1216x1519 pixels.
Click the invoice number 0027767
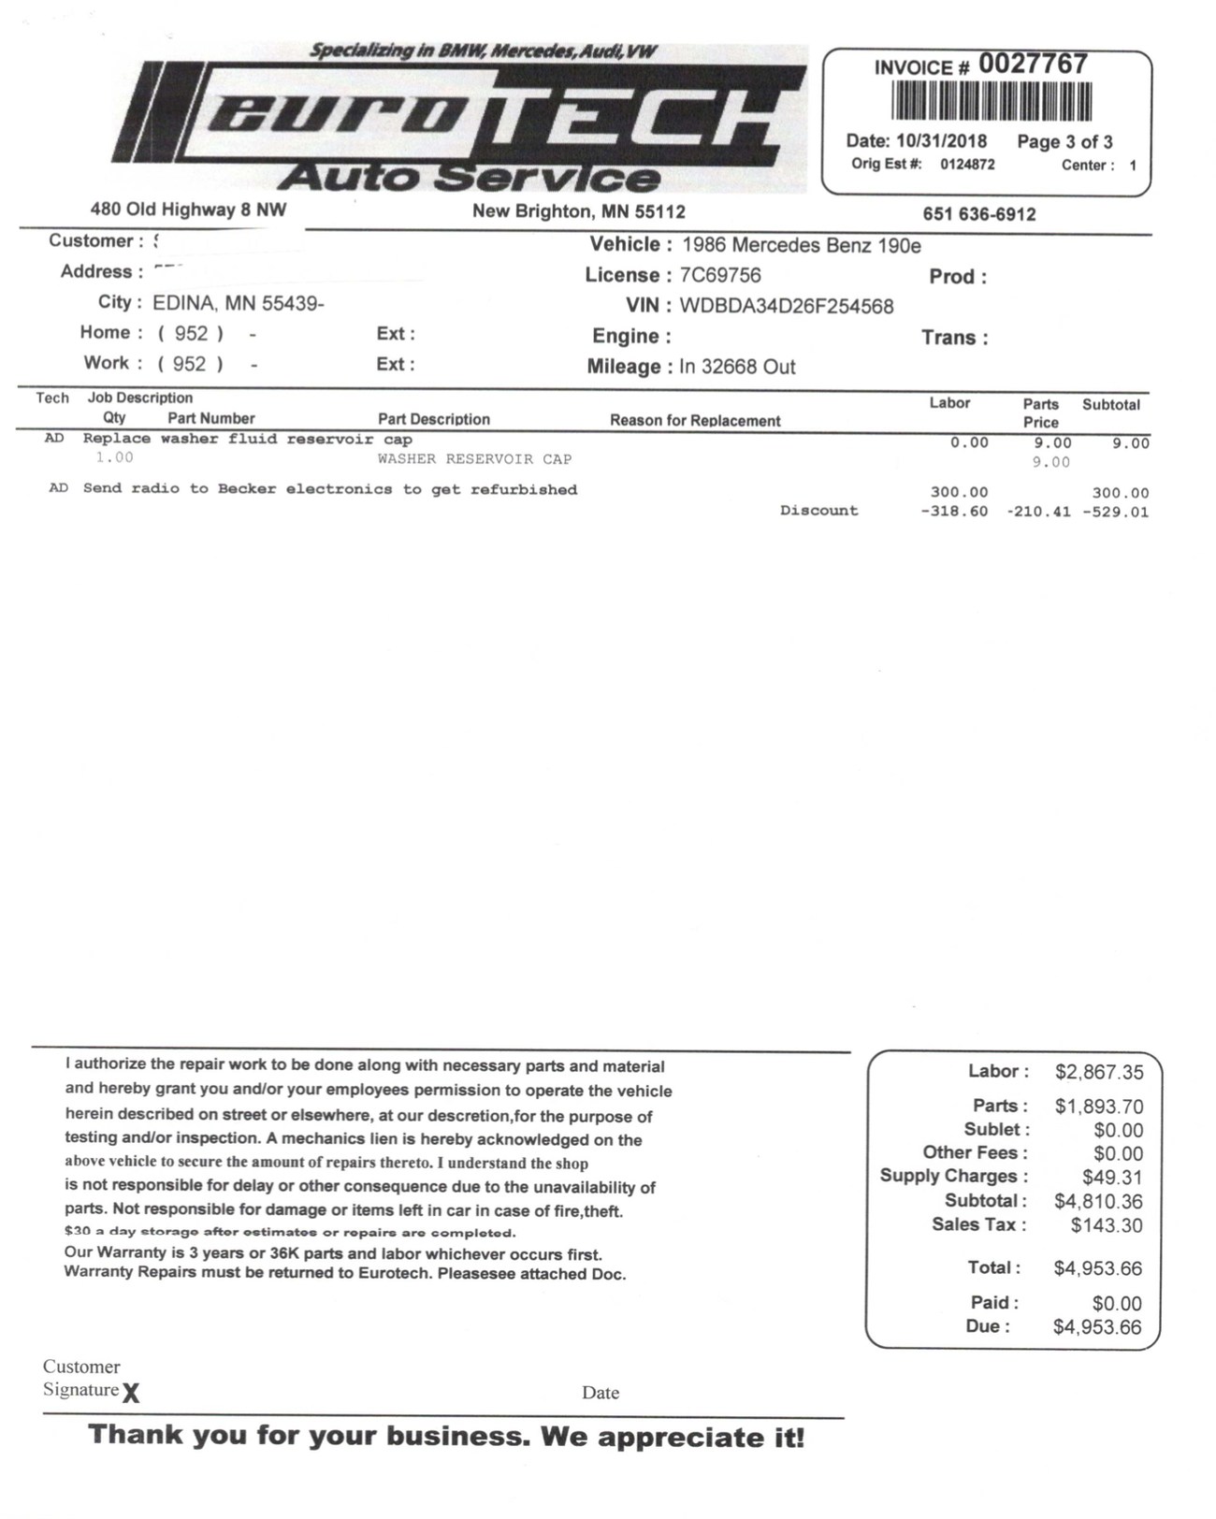click(1033, 65)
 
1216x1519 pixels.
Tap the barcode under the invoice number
click(992, 101)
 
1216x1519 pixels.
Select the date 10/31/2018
click(941, 141)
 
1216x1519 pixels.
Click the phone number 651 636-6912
click(979, 214)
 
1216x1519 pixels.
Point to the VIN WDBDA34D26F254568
click(786, 306)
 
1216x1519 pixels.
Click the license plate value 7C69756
click(720, 275)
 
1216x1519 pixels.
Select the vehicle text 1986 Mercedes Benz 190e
click(802, 245)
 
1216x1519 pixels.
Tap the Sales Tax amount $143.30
click(1107, 1225)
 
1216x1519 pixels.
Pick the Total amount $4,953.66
click(1097, 1268)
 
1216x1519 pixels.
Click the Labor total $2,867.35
click(1098, 1072)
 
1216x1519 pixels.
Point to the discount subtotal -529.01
click(1115, 512)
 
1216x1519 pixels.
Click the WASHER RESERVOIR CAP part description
click(474, 459)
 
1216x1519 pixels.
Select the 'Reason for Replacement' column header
click(695, 421)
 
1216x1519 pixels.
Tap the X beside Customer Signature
click(131, 1394)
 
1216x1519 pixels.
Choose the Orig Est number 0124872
click(967, 165)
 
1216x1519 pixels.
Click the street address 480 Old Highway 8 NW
click(188, 210)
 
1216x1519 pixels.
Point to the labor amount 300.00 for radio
click(959, 492)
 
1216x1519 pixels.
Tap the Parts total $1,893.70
click(1098, 1107)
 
